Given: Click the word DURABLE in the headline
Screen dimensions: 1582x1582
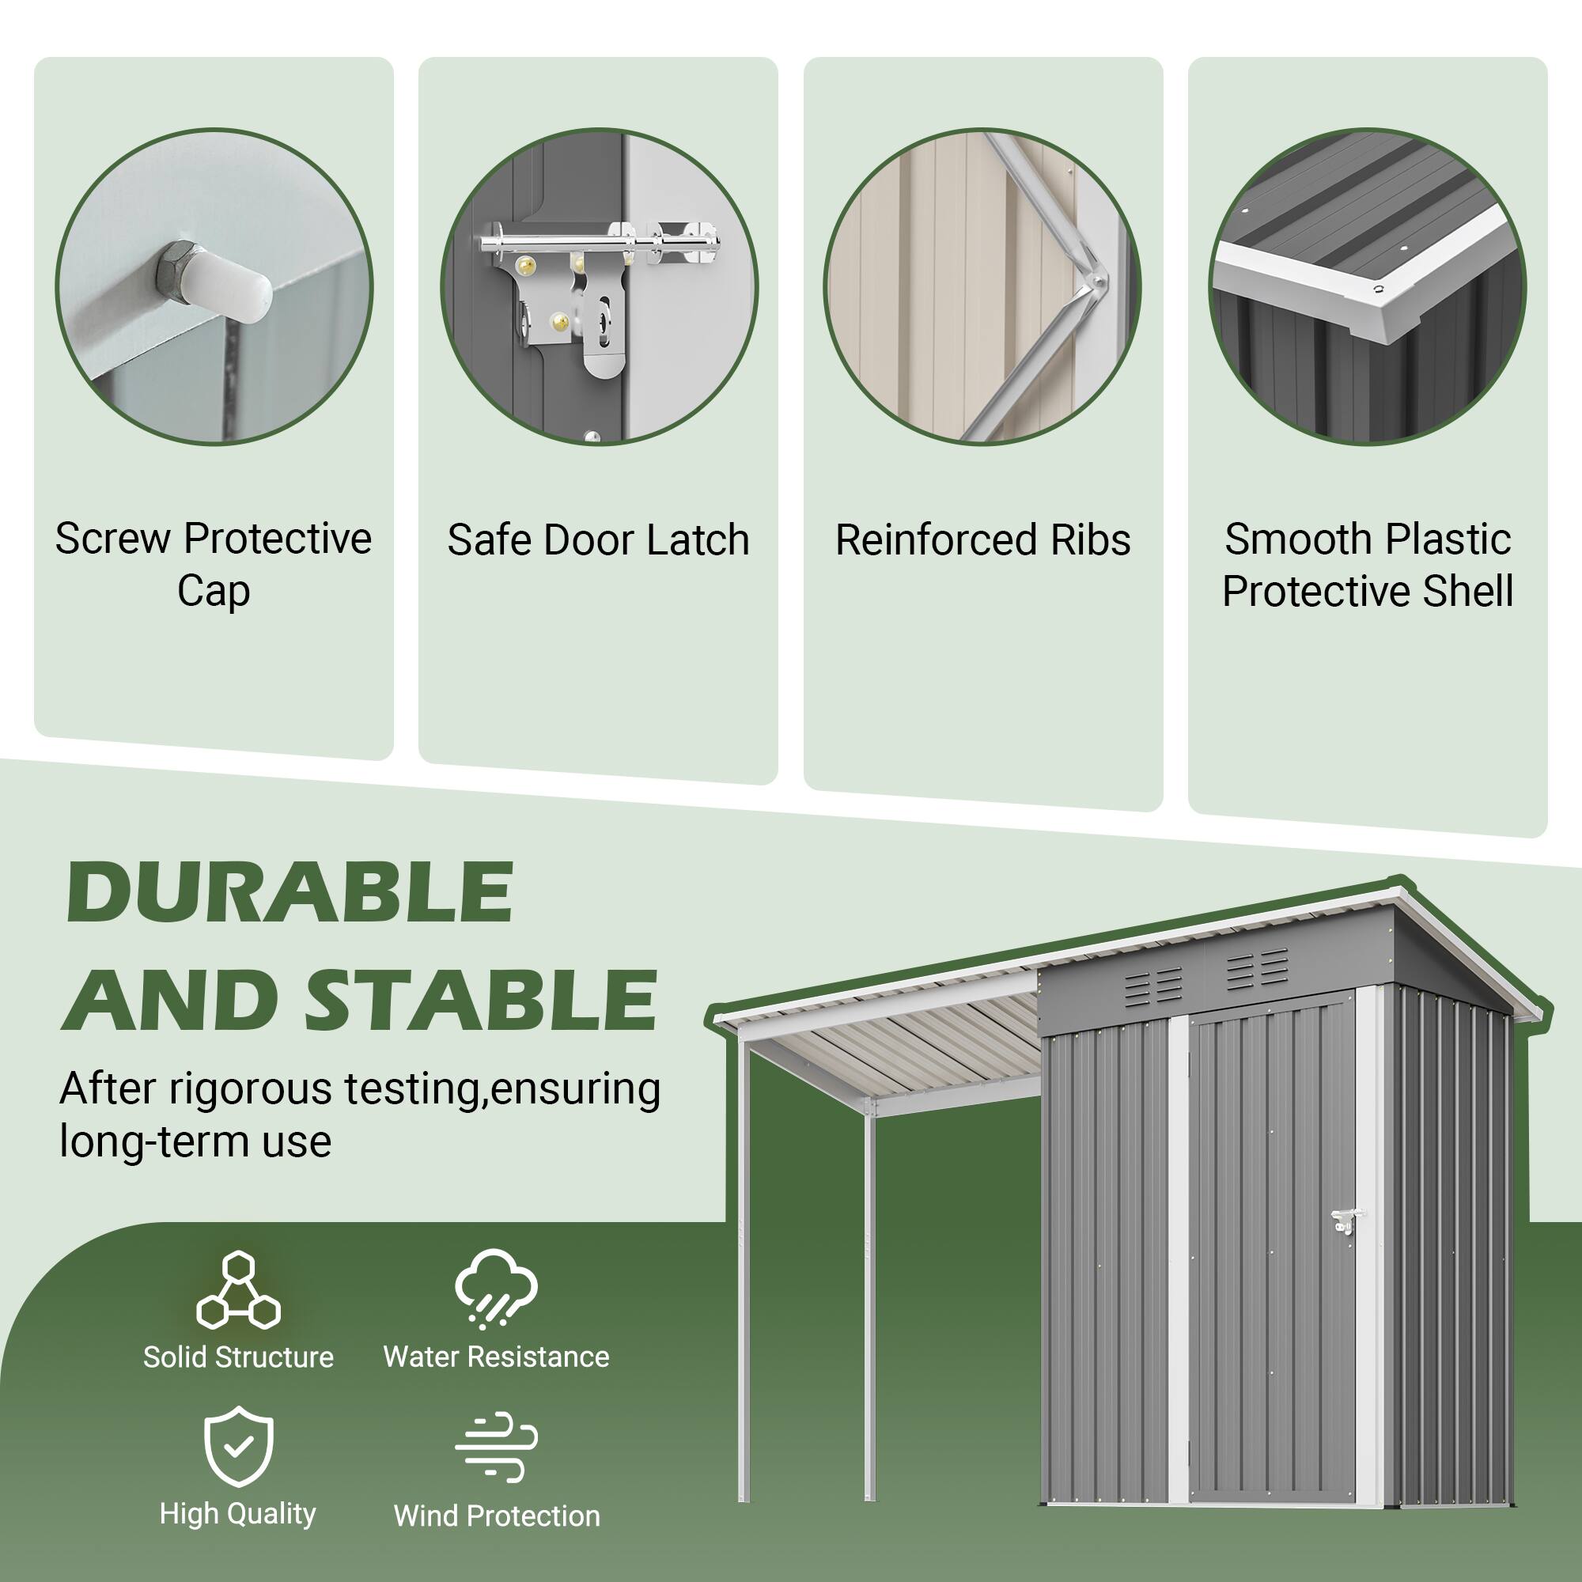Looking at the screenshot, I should click(x=289, y=891).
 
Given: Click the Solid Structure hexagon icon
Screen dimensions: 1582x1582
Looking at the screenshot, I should click(x=238, y=1290).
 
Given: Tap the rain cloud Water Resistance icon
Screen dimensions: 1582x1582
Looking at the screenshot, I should click(x=495, y=1288).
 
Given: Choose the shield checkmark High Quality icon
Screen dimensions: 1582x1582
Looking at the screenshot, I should click(x=238, y=1446).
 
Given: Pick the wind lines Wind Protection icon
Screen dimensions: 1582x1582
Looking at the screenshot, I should click(x=496, y=1447).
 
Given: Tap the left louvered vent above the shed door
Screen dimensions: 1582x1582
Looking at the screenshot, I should click(x=1154, y=987).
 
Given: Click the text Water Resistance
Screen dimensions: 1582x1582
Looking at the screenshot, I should click(x=496, y=1357).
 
